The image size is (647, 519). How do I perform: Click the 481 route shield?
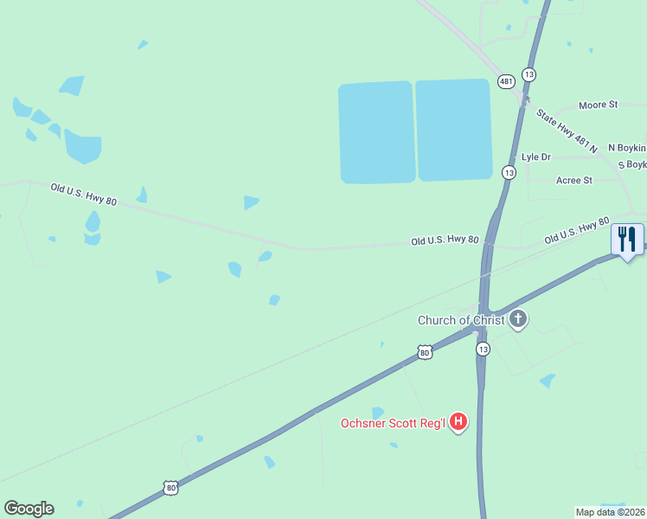pos(506,81)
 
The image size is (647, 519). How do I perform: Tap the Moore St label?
pos(599,105)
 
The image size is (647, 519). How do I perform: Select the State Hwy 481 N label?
pos(567,131)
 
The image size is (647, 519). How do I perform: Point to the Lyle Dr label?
pos(536,157)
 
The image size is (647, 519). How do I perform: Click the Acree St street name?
pos(574,180)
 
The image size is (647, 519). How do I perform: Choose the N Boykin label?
pos(627,148)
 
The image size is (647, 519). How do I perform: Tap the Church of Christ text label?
pos(460,320)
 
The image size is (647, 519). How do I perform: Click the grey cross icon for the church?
pos(518,320)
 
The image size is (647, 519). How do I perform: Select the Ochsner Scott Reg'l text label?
pos(393,423)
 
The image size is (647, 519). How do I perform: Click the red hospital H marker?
pos(459,422)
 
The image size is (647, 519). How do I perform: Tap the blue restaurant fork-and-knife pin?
pos(627,240)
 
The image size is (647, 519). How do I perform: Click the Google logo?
pos(29,509)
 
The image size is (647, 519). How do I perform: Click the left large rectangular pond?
pos(376,132)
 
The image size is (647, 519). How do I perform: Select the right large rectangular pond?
pos(454,130)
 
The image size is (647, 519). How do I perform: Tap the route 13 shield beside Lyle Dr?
pos(509,173)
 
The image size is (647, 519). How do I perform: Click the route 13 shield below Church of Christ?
pos(483,349)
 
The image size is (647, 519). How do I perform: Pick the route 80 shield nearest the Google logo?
pos(171,489)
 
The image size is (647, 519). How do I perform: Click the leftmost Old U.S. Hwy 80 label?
pos(83,193)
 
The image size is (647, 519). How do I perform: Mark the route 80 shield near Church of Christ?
pos(424,352)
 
